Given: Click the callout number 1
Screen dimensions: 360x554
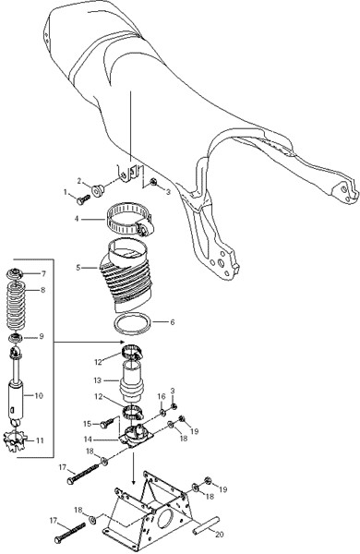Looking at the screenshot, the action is pyautogui.click(x=65, y=192).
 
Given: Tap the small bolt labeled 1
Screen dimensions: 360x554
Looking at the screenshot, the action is pyautogui.click(x=83, y=199).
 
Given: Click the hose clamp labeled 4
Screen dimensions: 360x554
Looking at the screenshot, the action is pyautogui.click(x=130, y=219).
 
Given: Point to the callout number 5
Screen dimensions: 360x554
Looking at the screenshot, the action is pyautogui.click(x=78, y=268).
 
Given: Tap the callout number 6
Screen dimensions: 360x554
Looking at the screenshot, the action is pyautogui.click(x=173, y=322).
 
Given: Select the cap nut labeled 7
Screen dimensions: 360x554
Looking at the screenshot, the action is pyautogui.click(x=15, y=274).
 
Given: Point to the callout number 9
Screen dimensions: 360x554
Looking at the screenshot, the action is pyautogui.click(x=42, y=336).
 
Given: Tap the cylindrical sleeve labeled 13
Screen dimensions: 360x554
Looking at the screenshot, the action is pyautogui.click(x=132, y=381).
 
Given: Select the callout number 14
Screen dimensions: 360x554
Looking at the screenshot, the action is pyautogui.click(x=88, y=440).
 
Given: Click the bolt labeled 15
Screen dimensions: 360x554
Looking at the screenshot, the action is pyautogui.click(x=108, y=423).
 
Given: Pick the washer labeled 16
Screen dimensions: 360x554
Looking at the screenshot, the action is pyautogui.click(x=162, y=412).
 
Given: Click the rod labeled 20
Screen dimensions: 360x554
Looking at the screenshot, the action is pyautogui.click(x=206, y=524).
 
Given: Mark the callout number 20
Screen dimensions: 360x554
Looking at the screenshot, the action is pyautogui.click(x=220, y=535).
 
